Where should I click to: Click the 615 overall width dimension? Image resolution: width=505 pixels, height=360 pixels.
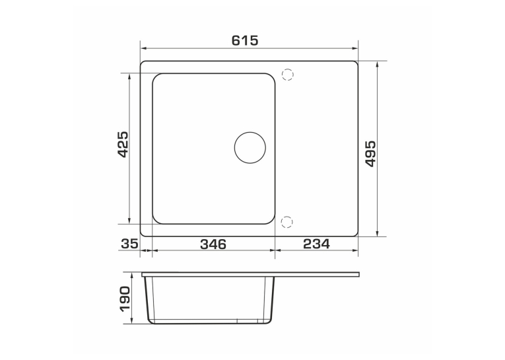245,40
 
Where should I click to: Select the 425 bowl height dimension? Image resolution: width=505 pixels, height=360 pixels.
123,144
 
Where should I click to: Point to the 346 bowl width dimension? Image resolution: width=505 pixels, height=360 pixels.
213,244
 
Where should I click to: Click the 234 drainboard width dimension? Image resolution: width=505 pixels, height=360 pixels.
316,244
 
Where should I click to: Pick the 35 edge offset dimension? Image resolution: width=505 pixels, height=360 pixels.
129,244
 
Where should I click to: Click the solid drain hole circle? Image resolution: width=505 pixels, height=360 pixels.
250,147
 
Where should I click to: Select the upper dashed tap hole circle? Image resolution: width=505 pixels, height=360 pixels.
288,75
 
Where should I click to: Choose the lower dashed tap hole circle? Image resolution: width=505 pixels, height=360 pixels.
286,222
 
